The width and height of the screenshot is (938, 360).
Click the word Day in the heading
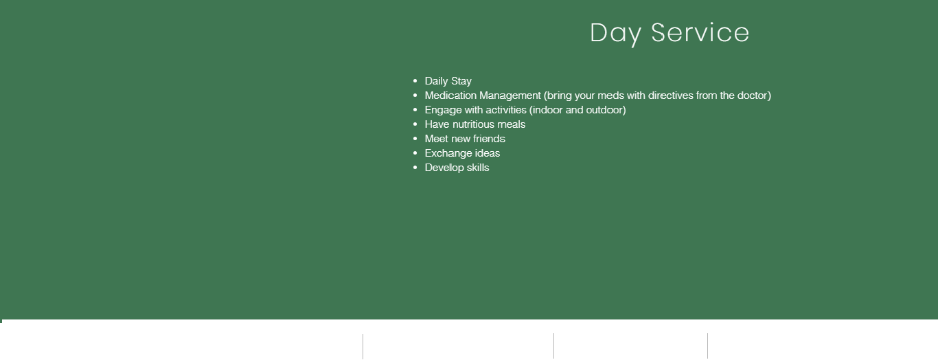pos(615,34)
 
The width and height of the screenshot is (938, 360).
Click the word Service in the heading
pos(700,33)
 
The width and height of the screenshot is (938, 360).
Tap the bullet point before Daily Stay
pos(415,81)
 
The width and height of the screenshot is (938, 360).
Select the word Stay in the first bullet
pos(461,81)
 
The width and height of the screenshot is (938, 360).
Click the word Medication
pos(450,95)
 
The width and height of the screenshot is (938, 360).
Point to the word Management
pos(510,96)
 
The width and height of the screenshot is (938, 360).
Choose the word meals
pos(512,124)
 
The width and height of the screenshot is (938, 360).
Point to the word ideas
pos(488,153)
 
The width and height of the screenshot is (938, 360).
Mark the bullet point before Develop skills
pos(415,168)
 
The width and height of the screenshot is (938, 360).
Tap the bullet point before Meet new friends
pos(415,139)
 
